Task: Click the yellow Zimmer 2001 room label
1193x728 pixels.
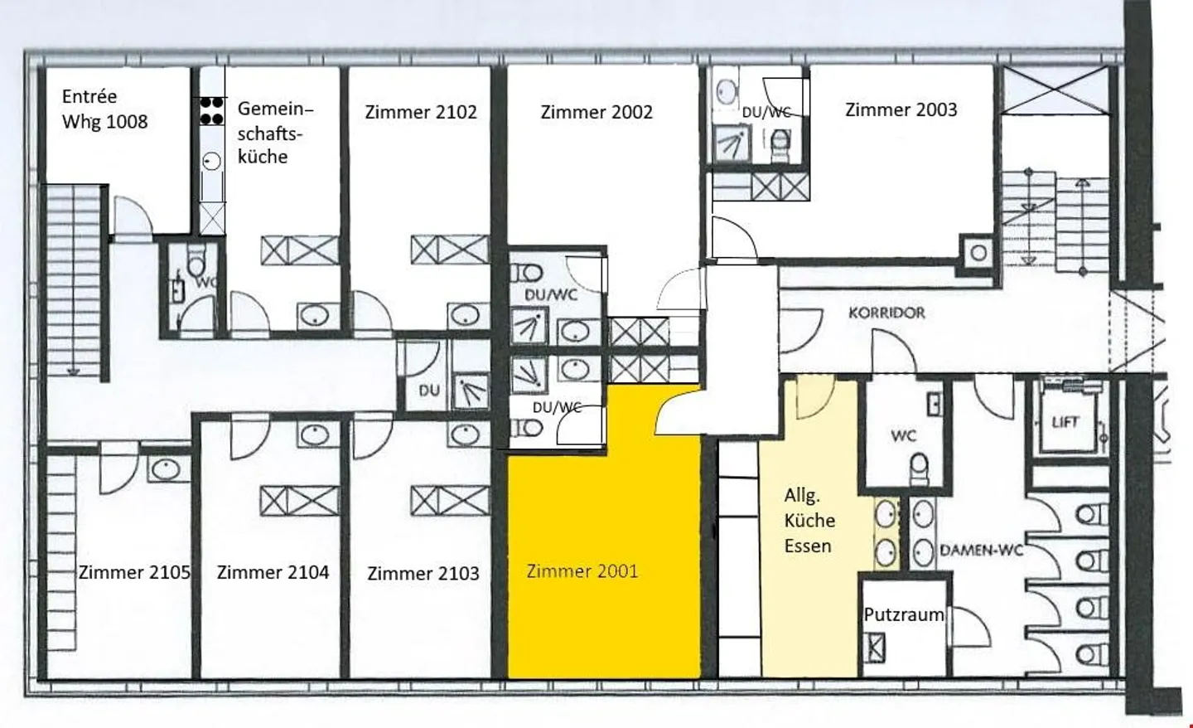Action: pos(582,571)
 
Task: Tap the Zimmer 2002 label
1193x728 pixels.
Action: pos(596,112)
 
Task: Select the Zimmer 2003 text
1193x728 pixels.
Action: pos(901,109)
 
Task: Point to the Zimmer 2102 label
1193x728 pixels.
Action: pos(421,112)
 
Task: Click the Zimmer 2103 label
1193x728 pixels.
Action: pos(423,574)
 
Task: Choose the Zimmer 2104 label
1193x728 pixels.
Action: pos(273,572)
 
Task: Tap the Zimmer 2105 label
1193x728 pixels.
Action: pos(134,572)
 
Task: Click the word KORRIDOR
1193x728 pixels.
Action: pos(886,313)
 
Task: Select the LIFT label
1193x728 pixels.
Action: pos(1065,423)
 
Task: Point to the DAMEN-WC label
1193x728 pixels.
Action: pos(982,551)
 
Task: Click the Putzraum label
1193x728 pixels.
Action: pos(903,614)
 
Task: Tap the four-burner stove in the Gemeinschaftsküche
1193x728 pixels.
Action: pos(212,110)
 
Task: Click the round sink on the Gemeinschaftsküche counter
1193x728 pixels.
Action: pos(212,161)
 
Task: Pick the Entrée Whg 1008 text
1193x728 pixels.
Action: pos(104,109)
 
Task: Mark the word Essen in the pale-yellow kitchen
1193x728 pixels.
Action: pos(808,546)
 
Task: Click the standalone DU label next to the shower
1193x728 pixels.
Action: pos(429,391)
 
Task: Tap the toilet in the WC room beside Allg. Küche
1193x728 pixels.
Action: pos(920,469)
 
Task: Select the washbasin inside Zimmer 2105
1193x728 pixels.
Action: pos(166,469)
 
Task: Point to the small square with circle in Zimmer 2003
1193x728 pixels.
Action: pos(978,253)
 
